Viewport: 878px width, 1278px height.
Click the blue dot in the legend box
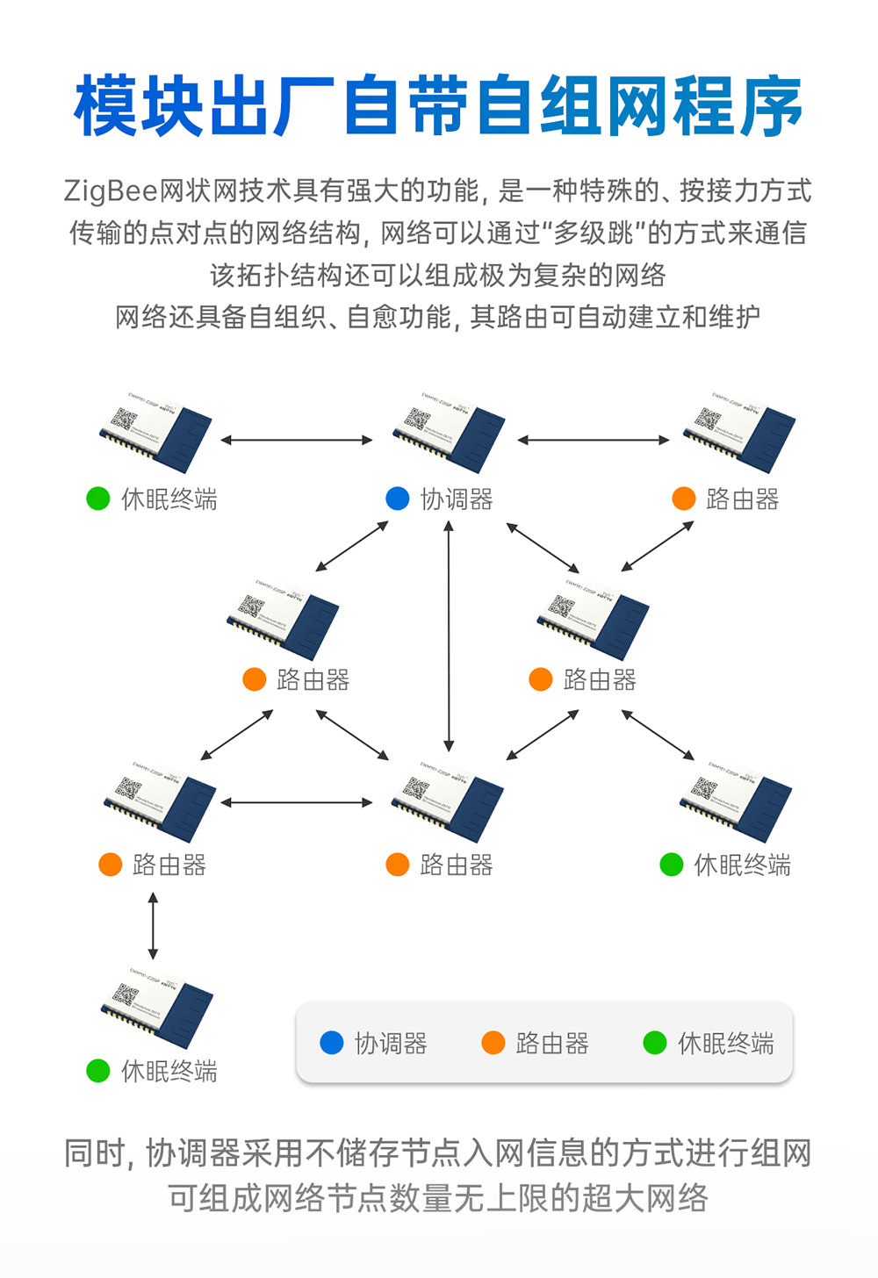pos(332,1043)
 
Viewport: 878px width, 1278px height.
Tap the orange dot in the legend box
pos(493,1043)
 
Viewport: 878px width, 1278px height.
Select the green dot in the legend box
pos(655,1043)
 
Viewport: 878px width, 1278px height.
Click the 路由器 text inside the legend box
pos(552,1044)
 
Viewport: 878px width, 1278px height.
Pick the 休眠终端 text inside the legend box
pos(726,1044)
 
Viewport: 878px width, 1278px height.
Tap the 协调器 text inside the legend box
pos(391,1044)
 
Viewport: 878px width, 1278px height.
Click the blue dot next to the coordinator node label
pos(398,499)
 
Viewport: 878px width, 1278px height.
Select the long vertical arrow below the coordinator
pos(449,636)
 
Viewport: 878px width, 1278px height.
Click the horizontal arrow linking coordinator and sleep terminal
pos(297,440)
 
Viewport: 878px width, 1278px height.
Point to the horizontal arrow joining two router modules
pos(297,802)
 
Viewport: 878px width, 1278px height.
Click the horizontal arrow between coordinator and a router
pos(594,440)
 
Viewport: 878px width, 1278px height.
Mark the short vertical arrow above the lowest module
pos(154,926)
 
